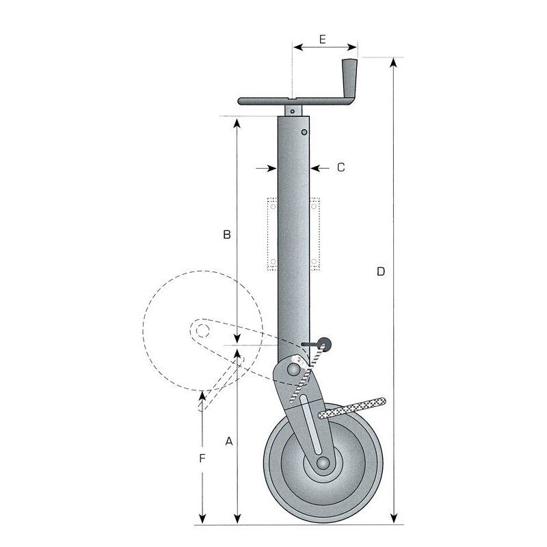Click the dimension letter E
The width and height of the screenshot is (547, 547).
pos(321,39)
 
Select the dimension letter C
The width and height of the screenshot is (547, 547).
pos(341,167)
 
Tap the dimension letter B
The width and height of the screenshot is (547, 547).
pos(227,235)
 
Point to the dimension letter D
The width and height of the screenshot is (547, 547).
pos(381,271)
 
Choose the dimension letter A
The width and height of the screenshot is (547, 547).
pos(229,442)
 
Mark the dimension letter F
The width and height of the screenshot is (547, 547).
pos(202,458)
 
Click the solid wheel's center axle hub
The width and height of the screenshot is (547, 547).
pos(323,463)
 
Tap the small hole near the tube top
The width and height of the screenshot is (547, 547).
pos(304,132)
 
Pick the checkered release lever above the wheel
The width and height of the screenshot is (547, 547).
pos(352,408)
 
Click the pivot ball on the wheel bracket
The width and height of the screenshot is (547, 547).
pos(293,370)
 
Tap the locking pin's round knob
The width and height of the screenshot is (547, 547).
pos(324,343)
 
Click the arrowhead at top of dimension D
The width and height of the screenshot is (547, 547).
pos(394,63)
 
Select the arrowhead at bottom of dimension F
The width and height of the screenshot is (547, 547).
pos(202,519)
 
